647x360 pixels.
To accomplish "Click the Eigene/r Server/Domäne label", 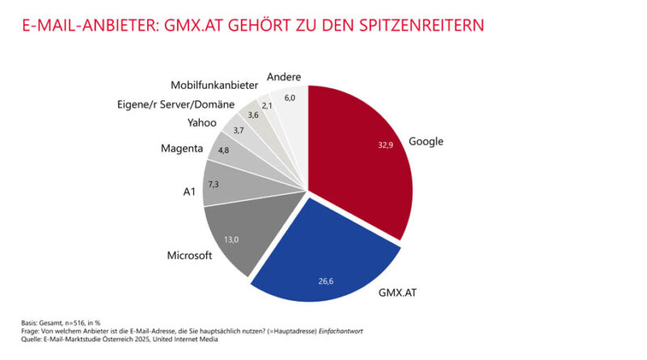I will (165, 104).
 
